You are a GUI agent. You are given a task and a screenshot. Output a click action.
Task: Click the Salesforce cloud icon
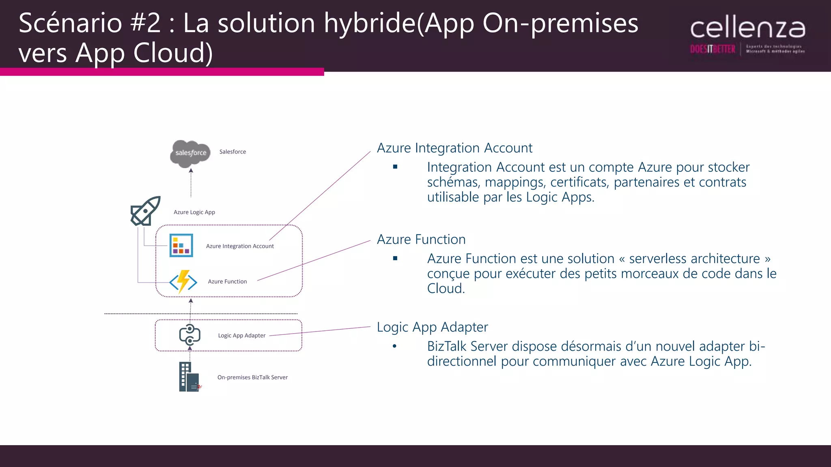pyautogui.click(x=190, y=153)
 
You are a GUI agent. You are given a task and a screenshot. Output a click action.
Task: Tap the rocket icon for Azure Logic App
pyautogui.click(x=146, y=211)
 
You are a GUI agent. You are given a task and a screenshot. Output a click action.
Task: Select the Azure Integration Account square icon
pyautogui.click(x=181, y=245)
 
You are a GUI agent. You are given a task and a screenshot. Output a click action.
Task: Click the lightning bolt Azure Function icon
pyautogui.click(x=183, y=281)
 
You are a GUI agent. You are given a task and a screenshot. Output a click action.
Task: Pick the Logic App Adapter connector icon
pyautogui.click(x=190, y=335)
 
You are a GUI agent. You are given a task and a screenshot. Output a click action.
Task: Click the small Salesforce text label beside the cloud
pyautogui.click(x=233, y=152)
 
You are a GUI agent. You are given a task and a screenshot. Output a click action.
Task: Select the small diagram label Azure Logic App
pyautogui.click(x=194, y=212)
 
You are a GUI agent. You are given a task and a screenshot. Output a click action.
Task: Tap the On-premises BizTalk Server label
pyautogui.click(x=252, y=377)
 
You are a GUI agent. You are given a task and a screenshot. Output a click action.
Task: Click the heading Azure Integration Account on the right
pyautogui.click(x=454, y=148)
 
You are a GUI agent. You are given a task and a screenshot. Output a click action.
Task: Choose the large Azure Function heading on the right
pyautogui.click(x=421, y=240)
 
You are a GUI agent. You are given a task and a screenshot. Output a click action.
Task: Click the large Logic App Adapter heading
pyautogui.click(x=432, y=327)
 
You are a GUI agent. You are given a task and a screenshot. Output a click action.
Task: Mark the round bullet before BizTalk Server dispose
pyautogui.click(x=394, y=346)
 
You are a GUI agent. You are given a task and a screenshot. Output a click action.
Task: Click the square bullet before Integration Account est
pyautogui.click(x=395, y=167)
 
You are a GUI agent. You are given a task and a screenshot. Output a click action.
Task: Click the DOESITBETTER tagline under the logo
pyautogui.click(x=713, y=49)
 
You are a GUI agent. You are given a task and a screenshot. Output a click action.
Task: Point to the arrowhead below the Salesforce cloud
pyautogui.click(x=191, y=171)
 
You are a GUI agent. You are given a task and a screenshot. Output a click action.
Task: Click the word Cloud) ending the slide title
pyautogui.click(x=173, y=53)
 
